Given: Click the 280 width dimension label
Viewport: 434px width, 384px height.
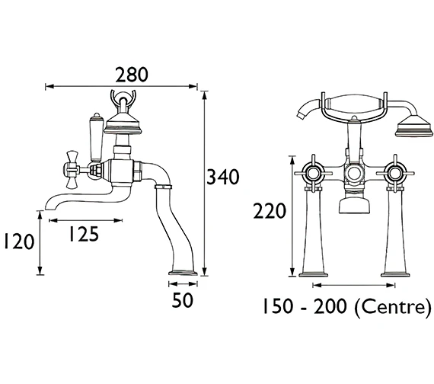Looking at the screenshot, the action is point(132,75).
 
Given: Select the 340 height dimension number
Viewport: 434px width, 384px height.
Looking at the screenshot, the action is point(223,177).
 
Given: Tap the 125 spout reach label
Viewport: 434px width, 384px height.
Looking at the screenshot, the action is point(84,234).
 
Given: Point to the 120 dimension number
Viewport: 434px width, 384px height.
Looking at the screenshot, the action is point(19,242).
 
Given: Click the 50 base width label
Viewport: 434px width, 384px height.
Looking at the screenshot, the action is point(182,300).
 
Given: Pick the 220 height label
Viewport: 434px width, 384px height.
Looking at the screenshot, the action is point(269,211).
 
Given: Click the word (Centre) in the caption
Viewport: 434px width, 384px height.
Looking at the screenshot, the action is point(393,306).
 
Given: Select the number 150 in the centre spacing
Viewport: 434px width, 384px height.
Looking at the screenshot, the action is point(277,306).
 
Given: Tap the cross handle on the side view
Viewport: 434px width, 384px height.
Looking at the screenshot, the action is point(72,170).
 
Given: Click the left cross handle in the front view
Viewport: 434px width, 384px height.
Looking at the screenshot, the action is point(313,174).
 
